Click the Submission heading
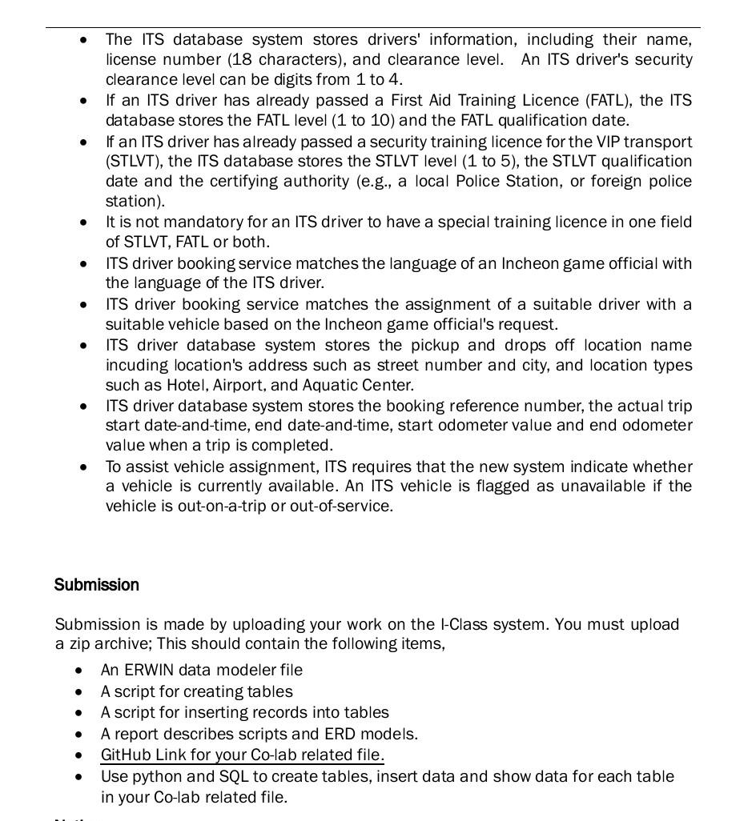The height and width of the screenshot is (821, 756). click(x=96, y=585)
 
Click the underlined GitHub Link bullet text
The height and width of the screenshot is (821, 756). click(x=242, y=755)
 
